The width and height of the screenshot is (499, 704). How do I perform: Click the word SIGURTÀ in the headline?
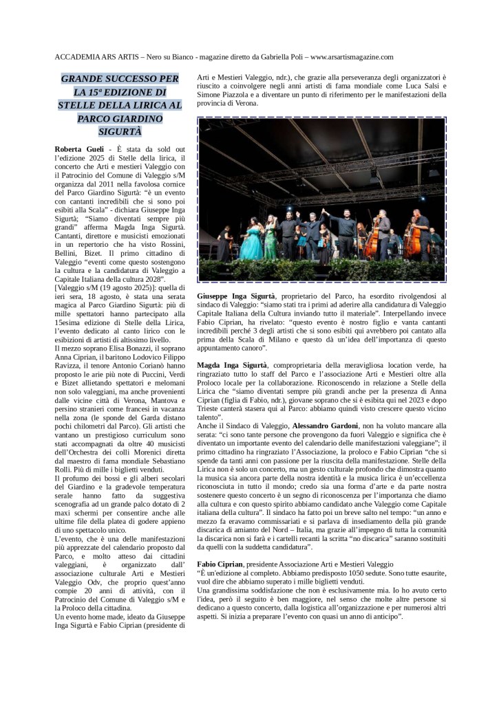(118, 131)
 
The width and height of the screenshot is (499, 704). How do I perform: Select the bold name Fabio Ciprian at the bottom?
(219, 563)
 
